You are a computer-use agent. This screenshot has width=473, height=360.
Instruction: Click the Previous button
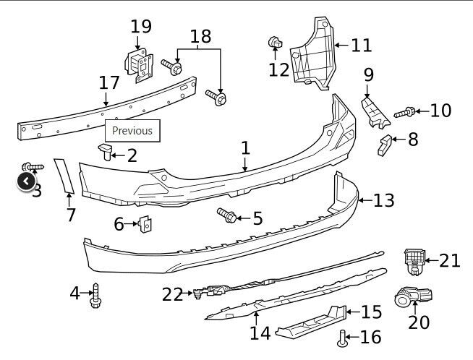132,131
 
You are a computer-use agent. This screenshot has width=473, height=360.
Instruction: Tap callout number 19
142,27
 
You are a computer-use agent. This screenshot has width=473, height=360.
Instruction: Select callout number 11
361,46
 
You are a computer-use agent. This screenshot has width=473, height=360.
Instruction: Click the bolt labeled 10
406,112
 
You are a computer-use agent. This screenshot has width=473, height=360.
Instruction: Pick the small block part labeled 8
383,144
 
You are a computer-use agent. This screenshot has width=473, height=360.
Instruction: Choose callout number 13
383,200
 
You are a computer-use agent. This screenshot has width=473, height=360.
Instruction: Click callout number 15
370,312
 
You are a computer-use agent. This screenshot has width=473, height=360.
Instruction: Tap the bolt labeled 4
95,297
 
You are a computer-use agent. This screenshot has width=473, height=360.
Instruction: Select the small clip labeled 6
145,226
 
